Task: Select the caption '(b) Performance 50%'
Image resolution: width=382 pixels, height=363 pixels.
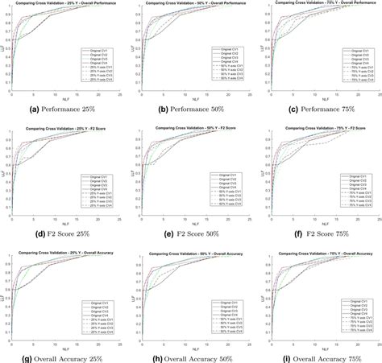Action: tap(193, 109)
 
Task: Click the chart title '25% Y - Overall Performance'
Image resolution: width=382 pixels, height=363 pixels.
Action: tap(66, 5)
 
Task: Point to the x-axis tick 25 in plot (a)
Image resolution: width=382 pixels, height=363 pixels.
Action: tap(120, 94)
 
